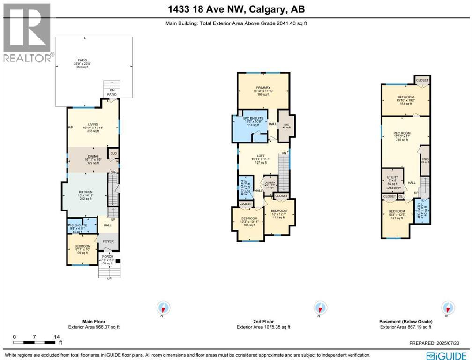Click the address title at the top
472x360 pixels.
236,9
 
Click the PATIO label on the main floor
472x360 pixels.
83,60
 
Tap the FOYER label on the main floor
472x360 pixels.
108,241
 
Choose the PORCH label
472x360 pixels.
108,256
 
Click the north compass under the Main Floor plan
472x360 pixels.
164,308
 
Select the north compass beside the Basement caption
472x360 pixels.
448,308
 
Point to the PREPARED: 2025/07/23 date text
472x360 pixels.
440,343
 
